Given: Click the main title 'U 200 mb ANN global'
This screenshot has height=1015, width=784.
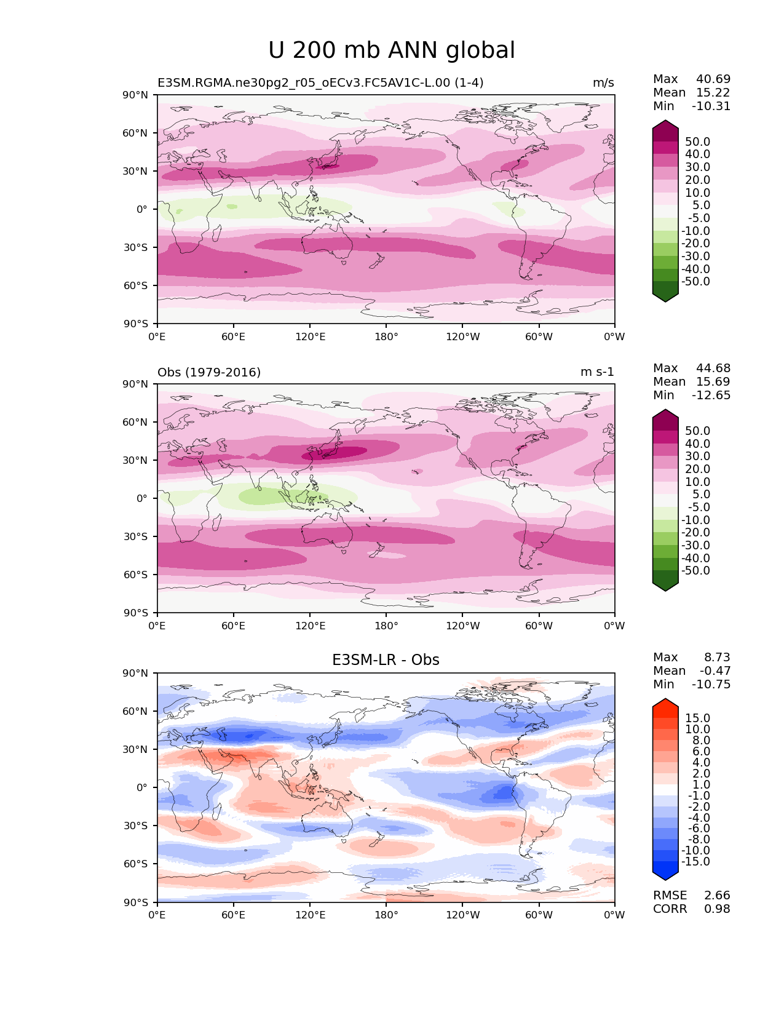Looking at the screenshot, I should click(x=392, y=50).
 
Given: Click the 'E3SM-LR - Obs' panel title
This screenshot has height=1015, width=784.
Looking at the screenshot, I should click(x=386, y=660).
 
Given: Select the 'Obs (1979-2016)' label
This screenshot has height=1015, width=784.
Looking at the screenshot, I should click(x=209, y=372).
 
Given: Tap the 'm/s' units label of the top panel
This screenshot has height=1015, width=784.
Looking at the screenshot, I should click(x=603, y=83).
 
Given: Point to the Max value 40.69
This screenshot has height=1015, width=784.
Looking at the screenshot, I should click(x=713, y=79).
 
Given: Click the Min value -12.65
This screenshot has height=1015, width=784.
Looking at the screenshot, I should click(x=711, y=396).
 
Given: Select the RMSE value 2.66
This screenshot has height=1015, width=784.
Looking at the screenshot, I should click(x=717, y=896).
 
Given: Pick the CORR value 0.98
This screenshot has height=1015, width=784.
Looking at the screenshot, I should click(x=717, y=909).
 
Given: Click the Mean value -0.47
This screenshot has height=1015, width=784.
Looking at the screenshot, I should click(x=715, y=671).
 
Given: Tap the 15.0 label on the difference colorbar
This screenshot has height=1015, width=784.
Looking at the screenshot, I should click(x=698, y=718).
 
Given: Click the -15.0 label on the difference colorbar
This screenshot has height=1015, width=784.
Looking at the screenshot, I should click(x=695, y=862).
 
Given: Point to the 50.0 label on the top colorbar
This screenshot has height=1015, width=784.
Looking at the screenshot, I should click(x=698, y=142).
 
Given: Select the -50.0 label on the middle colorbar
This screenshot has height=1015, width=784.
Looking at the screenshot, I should click(x=695, y=571).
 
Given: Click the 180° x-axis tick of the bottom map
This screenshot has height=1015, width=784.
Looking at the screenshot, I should click(x=386, y=915).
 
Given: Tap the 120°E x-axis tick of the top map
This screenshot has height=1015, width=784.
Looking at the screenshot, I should click(x=310, y=337).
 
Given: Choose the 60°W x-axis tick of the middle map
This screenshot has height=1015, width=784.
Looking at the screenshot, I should click(x=539, y=626).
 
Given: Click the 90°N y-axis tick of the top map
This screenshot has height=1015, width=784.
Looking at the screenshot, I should click(x=136, y=95).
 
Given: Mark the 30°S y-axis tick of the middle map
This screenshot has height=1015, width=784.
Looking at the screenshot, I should click(x=136, y=537).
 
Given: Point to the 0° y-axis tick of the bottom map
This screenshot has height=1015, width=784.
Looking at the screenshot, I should click(x=142, y=788).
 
